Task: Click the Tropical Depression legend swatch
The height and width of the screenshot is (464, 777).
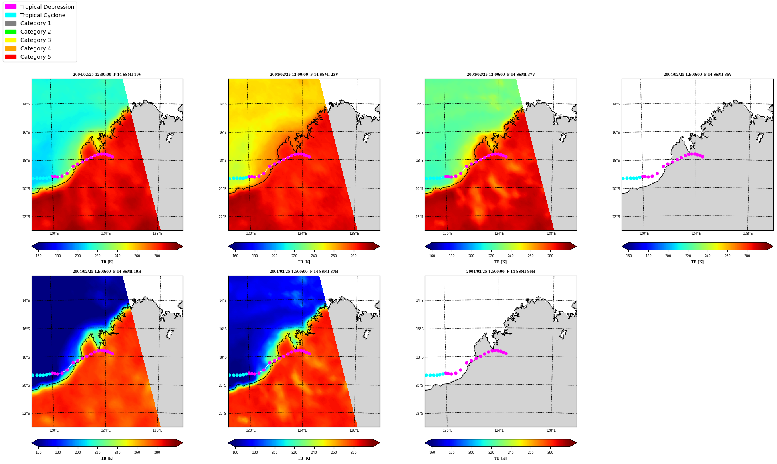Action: (x=11, y=7)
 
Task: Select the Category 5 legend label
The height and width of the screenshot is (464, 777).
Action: (x=36, y=57)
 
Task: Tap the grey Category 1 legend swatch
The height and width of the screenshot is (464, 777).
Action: (x=11, y=23)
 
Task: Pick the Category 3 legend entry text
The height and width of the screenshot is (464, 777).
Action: (x=36, y=40)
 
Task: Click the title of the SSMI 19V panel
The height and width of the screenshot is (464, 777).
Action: (x=107, y=75)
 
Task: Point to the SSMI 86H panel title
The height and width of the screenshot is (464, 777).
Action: (x=501, y=272)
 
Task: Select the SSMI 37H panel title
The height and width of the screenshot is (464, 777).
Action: (x=304, y=272)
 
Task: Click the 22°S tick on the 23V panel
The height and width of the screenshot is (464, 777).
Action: (x=222, y=217)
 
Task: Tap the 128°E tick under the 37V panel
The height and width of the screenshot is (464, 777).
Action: (x=551, y=234)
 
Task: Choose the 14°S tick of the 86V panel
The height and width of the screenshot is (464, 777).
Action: (x=616, y=104)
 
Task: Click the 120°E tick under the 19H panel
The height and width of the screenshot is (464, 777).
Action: (x=54, y=430)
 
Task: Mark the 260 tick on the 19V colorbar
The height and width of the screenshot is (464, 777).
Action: (x=137, y=256)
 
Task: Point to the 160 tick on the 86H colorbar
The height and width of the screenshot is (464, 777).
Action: (x=432, y=452)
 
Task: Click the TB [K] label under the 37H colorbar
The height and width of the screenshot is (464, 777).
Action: (x=304, y=458)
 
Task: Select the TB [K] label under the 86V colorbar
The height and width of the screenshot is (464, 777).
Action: (x=698, y=262)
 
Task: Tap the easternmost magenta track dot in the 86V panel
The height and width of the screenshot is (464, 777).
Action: (x=702, y=157)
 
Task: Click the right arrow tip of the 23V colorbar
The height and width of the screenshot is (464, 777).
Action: (x=379, y=246)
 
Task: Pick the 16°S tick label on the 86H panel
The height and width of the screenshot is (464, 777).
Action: (x=419, y=329)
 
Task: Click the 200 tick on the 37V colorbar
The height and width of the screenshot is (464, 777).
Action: (x=471, y=256)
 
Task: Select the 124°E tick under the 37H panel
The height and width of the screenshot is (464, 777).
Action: (x=302, y=430)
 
